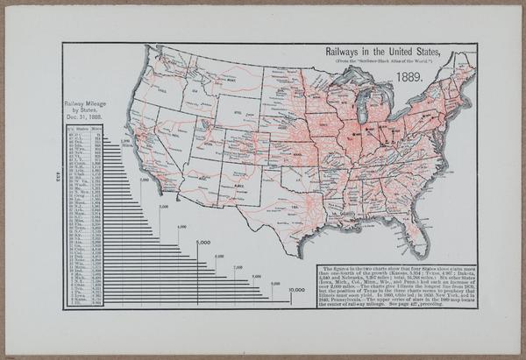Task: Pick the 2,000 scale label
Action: click(x=143, y=179)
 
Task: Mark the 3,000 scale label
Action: click(x=163, y=207)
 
